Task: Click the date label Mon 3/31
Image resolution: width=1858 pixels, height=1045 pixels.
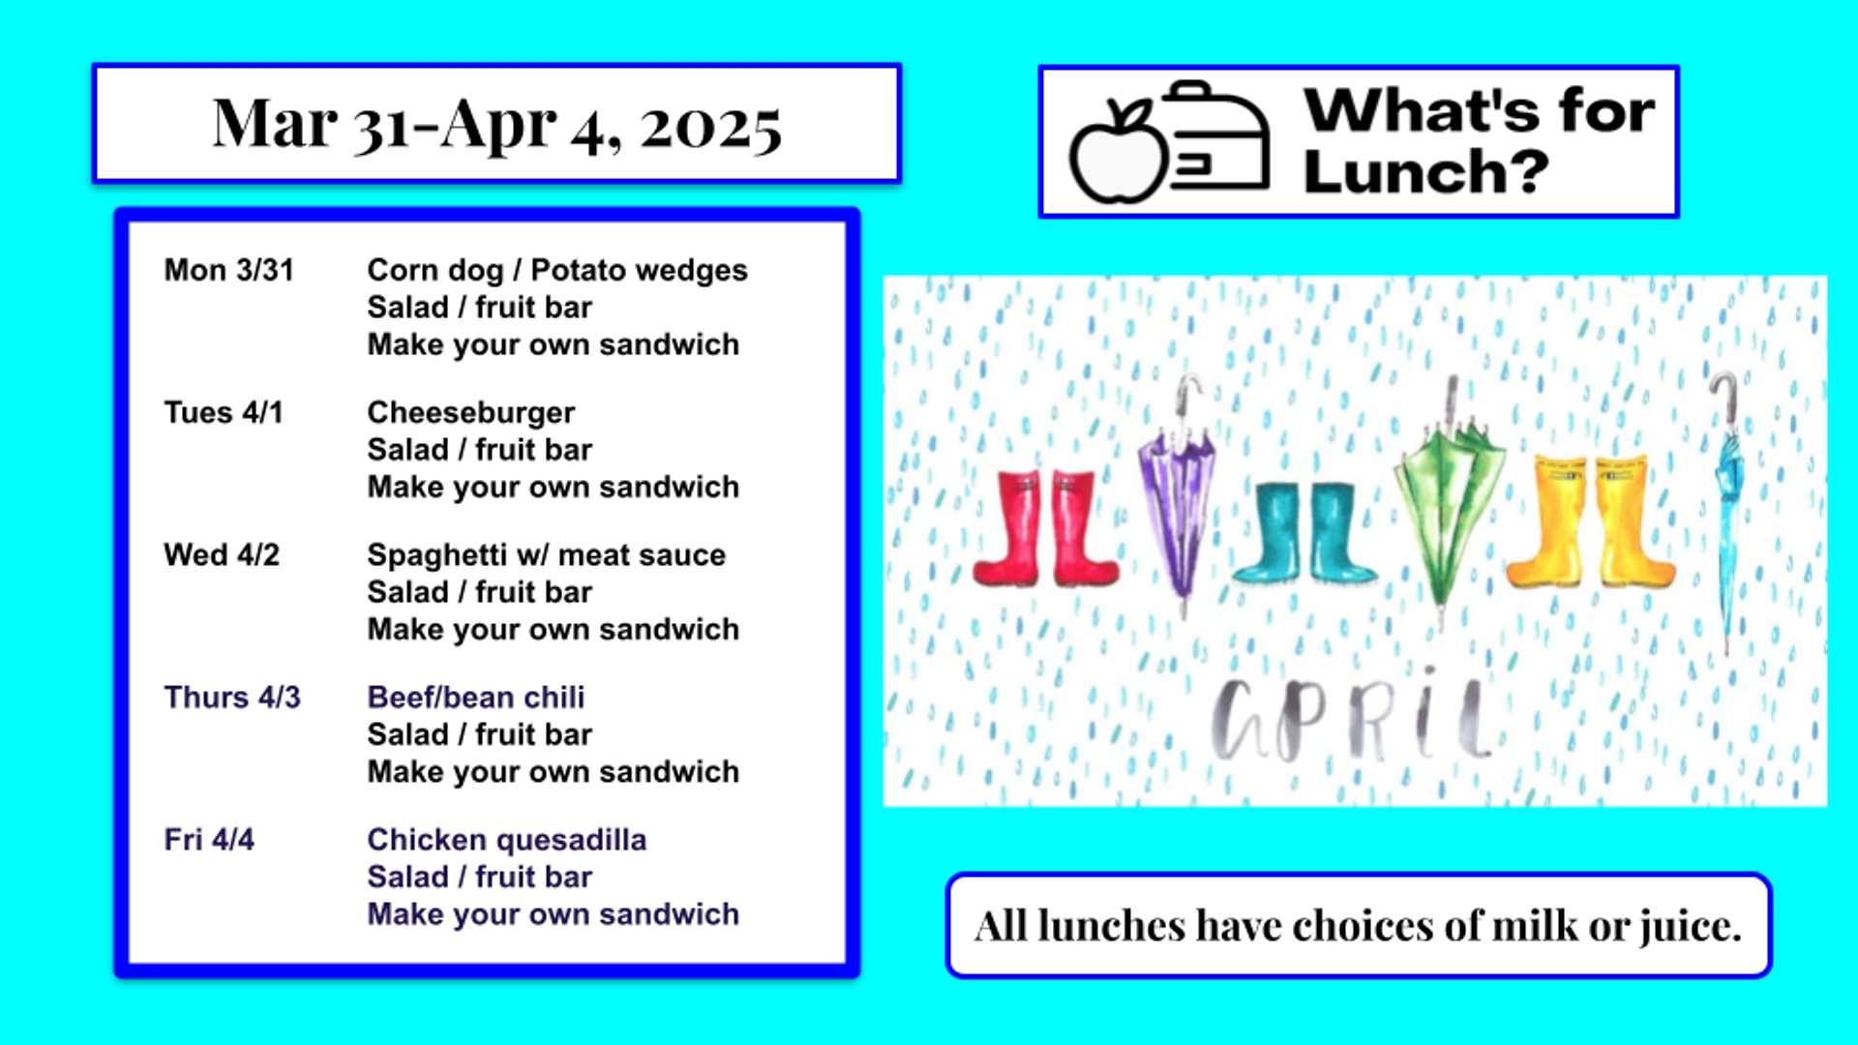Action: point(228,270)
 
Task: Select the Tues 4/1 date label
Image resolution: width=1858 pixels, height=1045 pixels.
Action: point(224,412)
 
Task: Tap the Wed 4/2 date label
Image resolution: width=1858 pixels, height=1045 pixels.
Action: point(222,554)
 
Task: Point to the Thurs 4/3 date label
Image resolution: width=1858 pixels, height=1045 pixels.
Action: point(232,697)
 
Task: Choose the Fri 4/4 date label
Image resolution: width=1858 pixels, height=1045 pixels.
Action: point(209,839)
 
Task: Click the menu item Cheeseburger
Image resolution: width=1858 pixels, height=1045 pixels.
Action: point(471,413)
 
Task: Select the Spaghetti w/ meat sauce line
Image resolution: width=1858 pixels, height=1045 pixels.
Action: point(547,555)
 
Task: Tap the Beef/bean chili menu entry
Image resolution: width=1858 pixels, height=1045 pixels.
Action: point(476,697)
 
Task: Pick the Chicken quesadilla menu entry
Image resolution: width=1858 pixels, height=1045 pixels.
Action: point(507,840)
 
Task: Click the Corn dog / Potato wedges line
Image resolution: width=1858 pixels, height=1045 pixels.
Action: point(557,271)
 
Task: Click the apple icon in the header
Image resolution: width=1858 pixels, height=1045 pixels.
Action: point(1119,151)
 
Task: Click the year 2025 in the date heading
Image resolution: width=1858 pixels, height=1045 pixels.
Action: point(711,127)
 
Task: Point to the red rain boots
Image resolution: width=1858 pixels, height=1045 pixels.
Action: point(1046,528)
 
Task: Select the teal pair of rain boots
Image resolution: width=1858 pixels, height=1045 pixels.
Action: point(1304,533)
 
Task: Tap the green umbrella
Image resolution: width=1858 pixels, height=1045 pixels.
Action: point(1449,503)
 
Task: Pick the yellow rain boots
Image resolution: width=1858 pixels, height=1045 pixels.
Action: point(1590,522)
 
